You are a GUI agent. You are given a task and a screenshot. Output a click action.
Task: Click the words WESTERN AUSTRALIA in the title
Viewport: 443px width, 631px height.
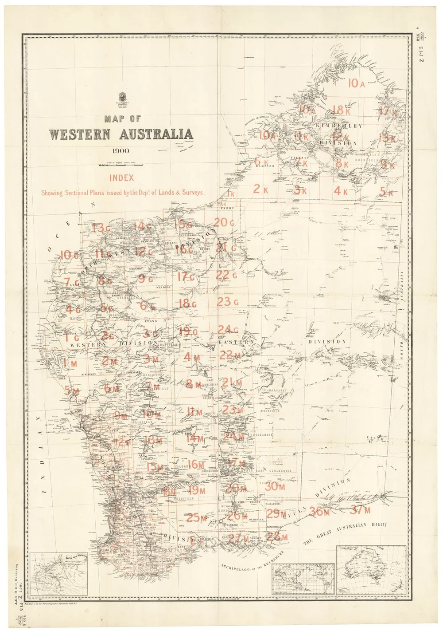point(121,134)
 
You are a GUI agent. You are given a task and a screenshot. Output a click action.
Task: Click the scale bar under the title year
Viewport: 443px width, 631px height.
point(121,165)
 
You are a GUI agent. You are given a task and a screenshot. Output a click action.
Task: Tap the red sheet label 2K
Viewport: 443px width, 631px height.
point(260,189)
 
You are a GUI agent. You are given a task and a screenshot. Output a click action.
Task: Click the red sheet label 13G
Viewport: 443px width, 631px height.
point(101,228)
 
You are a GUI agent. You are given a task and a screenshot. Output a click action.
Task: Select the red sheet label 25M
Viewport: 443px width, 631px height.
point(197,517)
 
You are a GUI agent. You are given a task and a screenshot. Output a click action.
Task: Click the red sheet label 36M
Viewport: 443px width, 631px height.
point(320,511)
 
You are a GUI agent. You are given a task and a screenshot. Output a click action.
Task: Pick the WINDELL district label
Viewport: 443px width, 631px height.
point(163,287)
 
